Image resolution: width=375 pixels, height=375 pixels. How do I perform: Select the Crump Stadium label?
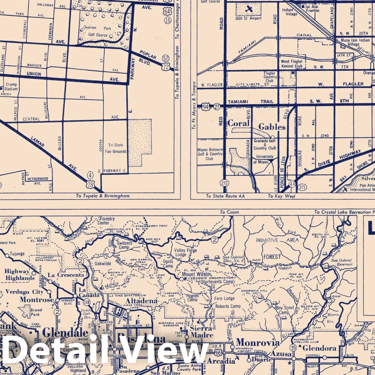pyautogui.click(x=11, y=87)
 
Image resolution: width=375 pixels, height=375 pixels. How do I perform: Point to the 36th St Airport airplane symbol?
pyautogui.click(x=248, y=9)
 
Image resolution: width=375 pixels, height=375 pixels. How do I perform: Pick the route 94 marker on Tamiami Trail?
pyautogui.click(x=205, y=106)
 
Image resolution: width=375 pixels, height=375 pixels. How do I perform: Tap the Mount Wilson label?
pyautogui.click(x=196, y=274)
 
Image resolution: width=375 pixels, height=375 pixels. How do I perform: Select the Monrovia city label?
pyautogui.click(x=258, y=342)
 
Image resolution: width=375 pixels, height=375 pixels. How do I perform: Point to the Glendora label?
pyautogui.click(x=319, y=348)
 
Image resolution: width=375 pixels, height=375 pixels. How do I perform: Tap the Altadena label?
pyautogui.click(x=142, y=300)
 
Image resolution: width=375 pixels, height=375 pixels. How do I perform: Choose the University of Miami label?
pyautogui.click(x=263, y=159)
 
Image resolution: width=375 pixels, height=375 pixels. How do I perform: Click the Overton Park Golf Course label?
pyautogui.click(x=96, y=31)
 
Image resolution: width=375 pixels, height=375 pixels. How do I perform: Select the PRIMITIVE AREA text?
pyautogui.click(x=277, y=240)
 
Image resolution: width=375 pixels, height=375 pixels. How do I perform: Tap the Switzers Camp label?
pyautogui.click(x=124, y=245)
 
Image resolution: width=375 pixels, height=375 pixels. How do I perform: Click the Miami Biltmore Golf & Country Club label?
pyautogui.click(x=210, y=154)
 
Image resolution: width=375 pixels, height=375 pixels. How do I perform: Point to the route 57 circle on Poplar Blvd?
pyautogui.click(x=166, y=58)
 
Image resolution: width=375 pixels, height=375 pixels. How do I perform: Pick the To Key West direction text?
pyautogui.click(x=281, y=196)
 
